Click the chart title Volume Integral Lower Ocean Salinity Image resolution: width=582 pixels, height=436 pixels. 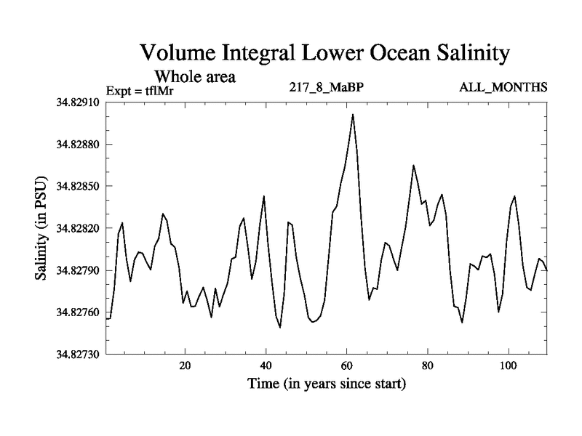click(325, 54)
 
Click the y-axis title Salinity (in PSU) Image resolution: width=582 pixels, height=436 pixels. click(42, 228)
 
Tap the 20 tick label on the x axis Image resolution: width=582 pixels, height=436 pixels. click(186, 366)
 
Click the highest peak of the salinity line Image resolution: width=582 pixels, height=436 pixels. click(353, 115)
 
